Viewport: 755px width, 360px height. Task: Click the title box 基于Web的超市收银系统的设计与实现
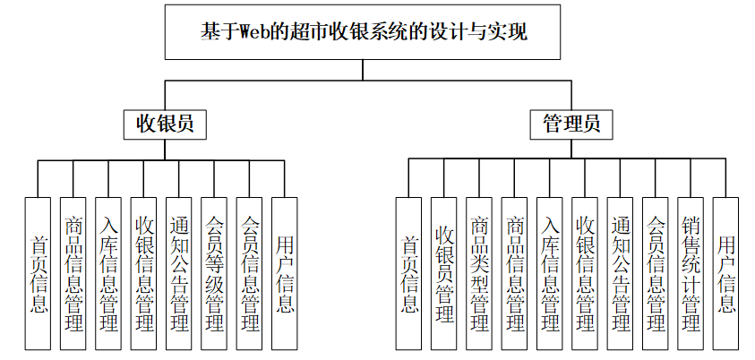pos(363,32)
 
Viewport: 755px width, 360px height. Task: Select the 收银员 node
pos(164,124)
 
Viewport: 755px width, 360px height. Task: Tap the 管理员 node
pos(564,124)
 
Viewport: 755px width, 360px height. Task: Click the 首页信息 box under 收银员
pos(38,272)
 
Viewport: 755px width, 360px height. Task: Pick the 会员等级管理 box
pos(214,272)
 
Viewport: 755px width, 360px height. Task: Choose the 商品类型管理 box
pos(479,272)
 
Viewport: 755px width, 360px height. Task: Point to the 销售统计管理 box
pos(691,272)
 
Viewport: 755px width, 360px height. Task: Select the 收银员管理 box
pos(444,272)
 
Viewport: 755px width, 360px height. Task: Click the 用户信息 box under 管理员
pos(726,272)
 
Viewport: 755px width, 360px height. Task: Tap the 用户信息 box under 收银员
pos(285,272)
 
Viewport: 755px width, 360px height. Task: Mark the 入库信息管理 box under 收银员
pos(108,272)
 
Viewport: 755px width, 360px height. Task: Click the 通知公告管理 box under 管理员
pos(620,272)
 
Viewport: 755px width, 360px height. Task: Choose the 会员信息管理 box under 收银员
pos(250,272)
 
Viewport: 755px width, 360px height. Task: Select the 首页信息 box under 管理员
pos(408,272)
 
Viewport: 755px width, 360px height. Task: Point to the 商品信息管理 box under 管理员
pos(514,272)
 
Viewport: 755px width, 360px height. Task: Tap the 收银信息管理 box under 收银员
pos(143,272)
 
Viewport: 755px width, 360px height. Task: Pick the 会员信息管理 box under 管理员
pos(656,272)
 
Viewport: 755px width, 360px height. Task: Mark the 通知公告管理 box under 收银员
pos(179,272)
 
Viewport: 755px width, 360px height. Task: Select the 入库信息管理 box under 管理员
pos(550,272)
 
